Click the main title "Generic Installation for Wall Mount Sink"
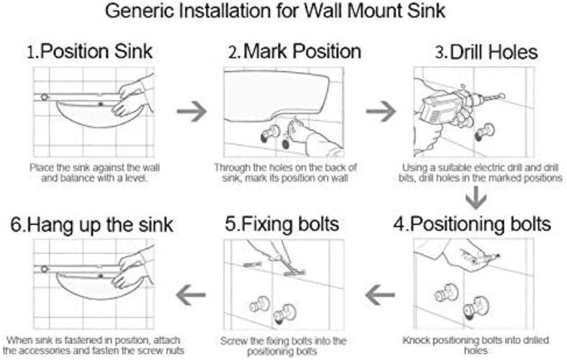click(283, 12)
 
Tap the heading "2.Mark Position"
click(294, 52)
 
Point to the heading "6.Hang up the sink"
click(91, 223)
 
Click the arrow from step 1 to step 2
click(191, 112)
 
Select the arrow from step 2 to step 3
click(380, 112)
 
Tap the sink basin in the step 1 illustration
click(86, 115)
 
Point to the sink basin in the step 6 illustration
click(86, 288)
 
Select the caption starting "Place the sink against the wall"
click(91, 172)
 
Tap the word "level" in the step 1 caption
click(136, 177)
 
